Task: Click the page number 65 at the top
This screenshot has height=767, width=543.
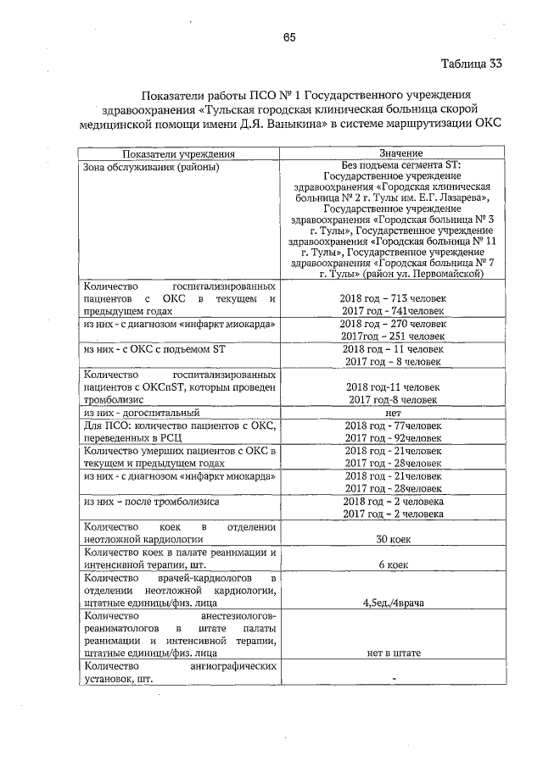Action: [x=288, y=36]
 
